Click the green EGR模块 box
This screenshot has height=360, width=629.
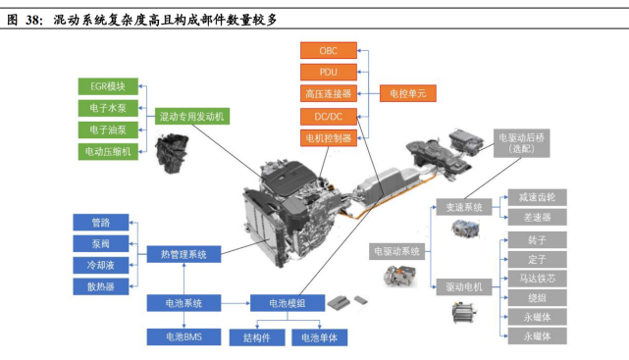[108, 85]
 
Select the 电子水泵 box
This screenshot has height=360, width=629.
[108, 107]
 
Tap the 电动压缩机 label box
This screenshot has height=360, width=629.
[108, 151]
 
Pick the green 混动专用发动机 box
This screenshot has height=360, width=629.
[192, 116]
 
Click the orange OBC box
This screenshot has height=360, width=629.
[328, 49]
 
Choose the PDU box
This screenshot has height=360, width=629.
[328, 72]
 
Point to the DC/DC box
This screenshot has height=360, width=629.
[328, 117]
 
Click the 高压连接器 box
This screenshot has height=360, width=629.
[328, 94]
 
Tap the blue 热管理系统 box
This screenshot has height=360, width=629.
[183, 254]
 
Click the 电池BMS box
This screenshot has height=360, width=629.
[183, 337]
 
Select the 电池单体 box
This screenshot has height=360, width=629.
[320, 337]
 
